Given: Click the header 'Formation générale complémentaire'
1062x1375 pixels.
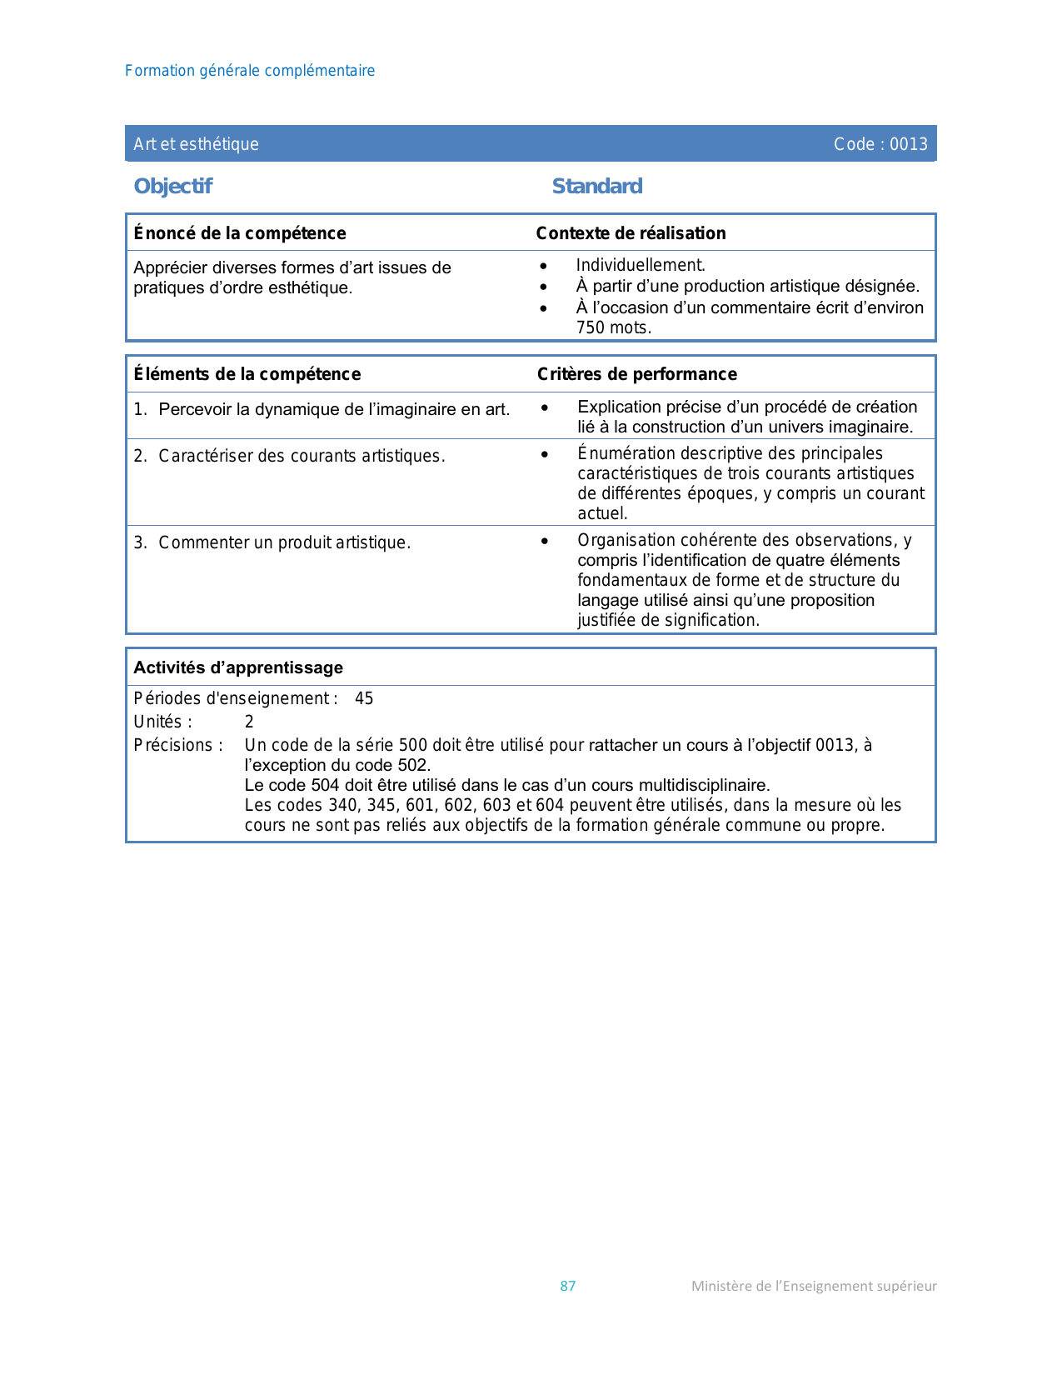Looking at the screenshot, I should point(250,71).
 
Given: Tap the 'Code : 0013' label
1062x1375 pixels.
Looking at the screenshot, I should point(880,144).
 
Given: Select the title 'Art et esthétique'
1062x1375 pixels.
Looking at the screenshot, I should point(196,144).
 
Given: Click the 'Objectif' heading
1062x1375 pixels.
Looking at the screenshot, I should point(173,186).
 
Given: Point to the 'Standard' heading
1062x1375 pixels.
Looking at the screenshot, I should point(597,186).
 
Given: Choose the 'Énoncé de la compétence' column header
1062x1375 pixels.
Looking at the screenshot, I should point(240,233).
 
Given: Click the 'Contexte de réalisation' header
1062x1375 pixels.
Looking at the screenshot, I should point(631,233).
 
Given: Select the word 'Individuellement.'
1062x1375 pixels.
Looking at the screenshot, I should point(641,265).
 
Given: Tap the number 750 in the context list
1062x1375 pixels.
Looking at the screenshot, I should point(591,327).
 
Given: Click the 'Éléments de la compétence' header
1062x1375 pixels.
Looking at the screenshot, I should point(247,374).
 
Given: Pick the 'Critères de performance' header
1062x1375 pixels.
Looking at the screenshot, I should point(637,374).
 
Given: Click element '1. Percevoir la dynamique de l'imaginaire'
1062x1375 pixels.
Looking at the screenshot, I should point(322,409).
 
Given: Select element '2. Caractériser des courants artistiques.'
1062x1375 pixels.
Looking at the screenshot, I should point(290,456).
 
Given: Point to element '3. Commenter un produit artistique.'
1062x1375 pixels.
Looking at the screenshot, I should point(272,542).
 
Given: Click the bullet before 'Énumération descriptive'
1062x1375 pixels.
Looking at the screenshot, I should point(545,454).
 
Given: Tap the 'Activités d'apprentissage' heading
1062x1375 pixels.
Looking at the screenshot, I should point(238,667).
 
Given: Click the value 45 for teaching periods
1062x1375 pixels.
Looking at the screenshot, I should point(364,698).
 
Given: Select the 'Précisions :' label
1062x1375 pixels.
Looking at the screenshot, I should point(178,745).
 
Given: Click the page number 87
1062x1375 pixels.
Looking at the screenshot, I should point(568,1286).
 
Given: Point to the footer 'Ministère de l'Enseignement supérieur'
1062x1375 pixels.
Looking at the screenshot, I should point(814,1286).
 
